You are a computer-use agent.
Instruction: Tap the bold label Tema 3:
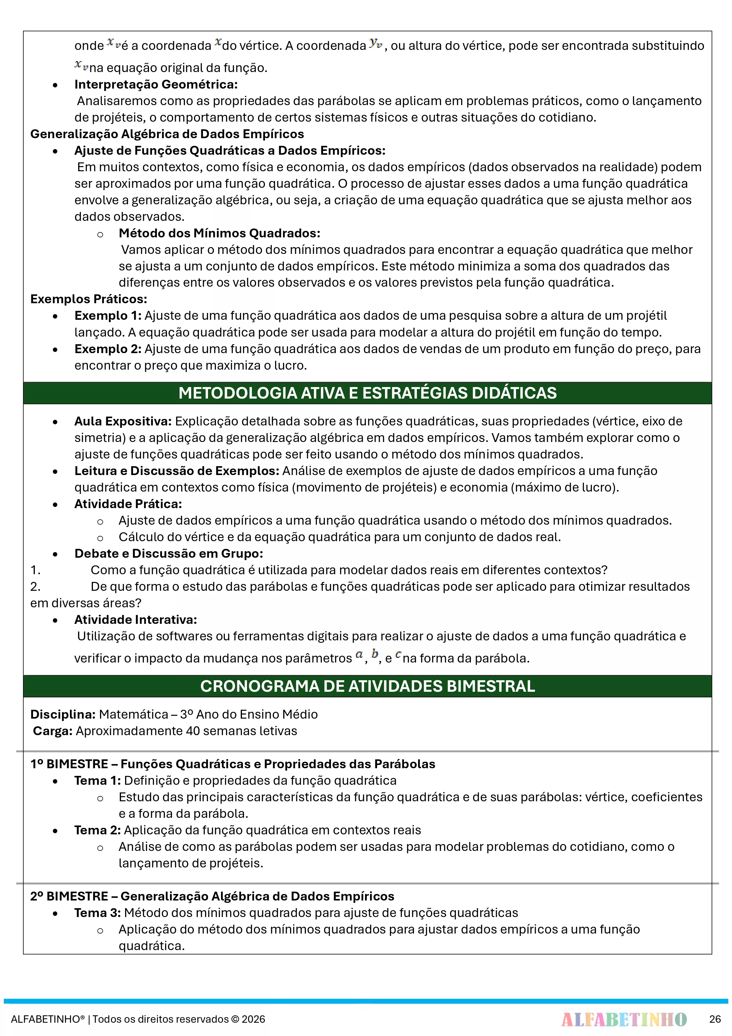[x=97, y=913]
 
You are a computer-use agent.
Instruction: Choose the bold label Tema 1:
[x=97, y=781]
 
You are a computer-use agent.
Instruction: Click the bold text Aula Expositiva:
[x=123, y=421]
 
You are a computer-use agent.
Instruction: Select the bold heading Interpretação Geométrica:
[x=155, y=84]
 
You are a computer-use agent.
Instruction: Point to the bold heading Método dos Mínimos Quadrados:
[x=219, y=233]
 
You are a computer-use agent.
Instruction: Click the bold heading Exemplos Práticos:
[x=89, y=299]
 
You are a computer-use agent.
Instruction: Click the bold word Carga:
[x=52, y=731]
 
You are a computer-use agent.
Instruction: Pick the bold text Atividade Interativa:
[x=135, y=619]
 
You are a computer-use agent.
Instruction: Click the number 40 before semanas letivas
[x=193, y=731]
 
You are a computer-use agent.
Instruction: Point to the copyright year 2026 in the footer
[x=253, y=1019]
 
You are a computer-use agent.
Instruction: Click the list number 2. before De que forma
[x=35, y=587]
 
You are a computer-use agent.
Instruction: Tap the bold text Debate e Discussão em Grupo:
[x=168, y=554]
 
